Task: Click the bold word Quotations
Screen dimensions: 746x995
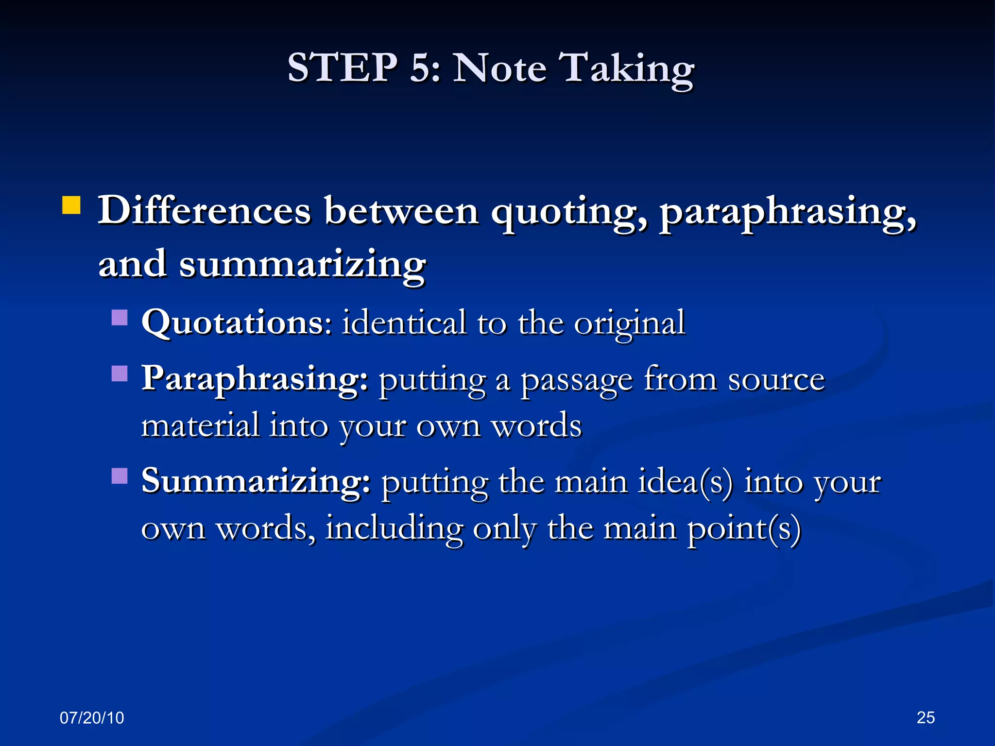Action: [x=236, y=323]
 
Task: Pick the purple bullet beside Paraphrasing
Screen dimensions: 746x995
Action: [x=120, y=373]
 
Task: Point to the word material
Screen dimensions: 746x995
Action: [x=200, y=425]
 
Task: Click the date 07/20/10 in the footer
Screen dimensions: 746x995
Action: [x=92, y=717]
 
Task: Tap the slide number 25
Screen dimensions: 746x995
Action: [x=926, y=717]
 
